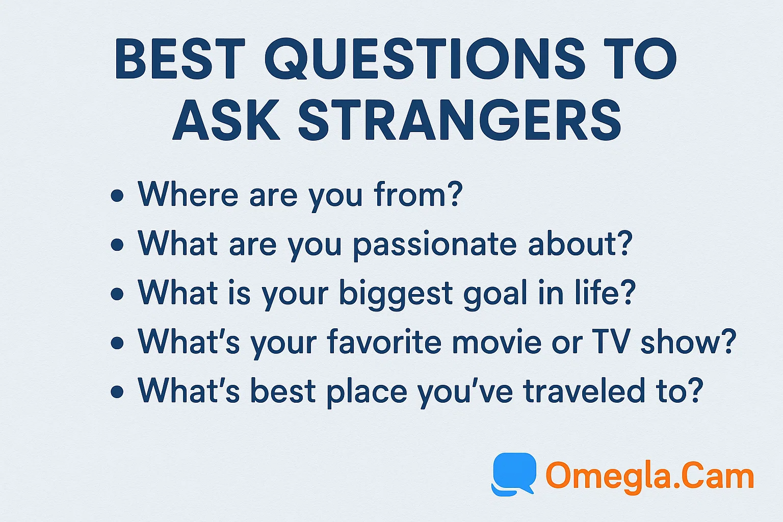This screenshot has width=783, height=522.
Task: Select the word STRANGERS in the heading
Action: (x=459, y=121)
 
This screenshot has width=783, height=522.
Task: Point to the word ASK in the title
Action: (x=226, y=121)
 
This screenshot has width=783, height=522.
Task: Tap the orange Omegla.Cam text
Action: (x=649, y=476)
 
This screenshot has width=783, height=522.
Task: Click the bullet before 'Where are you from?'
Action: (x=117, y=196)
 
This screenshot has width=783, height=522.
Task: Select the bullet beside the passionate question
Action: (x=117, y=245)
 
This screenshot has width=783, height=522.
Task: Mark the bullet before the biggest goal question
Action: (x=117, y=294)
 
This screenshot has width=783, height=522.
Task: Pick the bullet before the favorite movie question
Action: (x=117, y=343)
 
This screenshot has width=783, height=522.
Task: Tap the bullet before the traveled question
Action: (x=117, y=392)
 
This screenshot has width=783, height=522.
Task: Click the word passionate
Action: (x=435, y=245)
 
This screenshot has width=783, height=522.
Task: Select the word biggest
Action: (x=396, y=295)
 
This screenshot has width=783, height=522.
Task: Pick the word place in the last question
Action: (x=367, y=392)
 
